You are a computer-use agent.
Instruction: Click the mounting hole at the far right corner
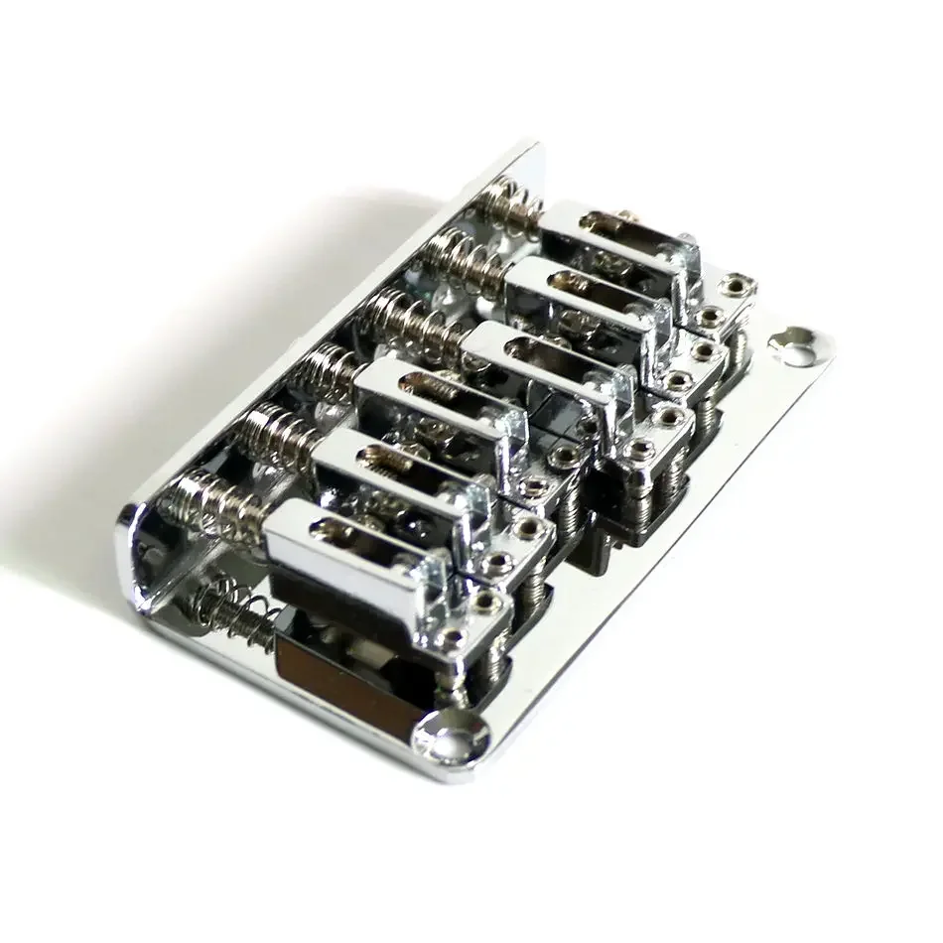[795, 341]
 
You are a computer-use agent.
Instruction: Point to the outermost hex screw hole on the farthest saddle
[735, 286]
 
